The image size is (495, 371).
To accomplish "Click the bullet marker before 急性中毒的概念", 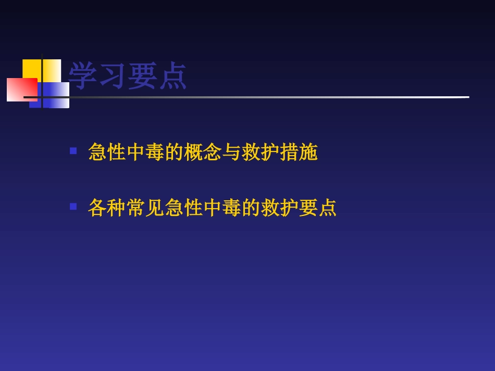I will point(73,151).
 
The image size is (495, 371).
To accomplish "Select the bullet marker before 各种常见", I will point(73,206).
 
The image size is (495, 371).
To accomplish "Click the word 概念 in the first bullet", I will point(203,152).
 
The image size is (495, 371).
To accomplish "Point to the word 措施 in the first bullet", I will point(299,152).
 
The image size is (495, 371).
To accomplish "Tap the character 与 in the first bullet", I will point(232,152).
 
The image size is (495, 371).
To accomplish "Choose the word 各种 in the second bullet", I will point(107,208).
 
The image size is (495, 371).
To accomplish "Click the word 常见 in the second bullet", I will point(145,208).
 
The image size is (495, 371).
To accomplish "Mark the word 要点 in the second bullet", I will point(318,208).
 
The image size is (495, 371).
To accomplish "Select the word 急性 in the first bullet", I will point(107,152).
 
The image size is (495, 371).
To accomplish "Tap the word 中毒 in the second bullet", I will point(222,208).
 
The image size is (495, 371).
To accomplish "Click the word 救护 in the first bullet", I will point(261,152).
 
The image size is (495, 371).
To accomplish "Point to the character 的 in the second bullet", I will point(251,208).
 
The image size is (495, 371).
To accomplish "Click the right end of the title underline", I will point(467,97).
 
